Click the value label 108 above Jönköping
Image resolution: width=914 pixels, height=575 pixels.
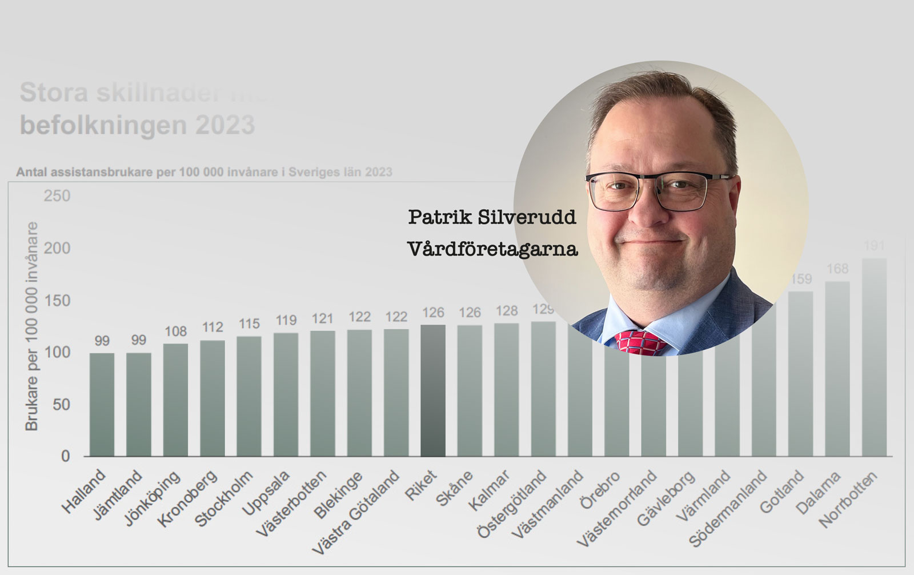(x=176, y=332)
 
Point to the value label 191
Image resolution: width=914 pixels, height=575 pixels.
(x=874, y=246)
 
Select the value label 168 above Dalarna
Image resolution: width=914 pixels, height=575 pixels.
(x=837, y=269)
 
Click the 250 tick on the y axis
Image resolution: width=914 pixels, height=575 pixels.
(x=57, y=196)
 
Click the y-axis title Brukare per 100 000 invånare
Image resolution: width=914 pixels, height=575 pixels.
(x=31, y=326)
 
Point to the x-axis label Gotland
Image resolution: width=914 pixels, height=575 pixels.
(x=781, y=492)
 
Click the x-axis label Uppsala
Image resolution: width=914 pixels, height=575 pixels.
(x=266, y=493)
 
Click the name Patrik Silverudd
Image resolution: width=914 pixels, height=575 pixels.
(x=492, y=217)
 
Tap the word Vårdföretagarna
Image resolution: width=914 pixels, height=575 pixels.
(x=492, y=249)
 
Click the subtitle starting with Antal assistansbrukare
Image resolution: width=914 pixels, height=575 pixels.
(x=204, y=172)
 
